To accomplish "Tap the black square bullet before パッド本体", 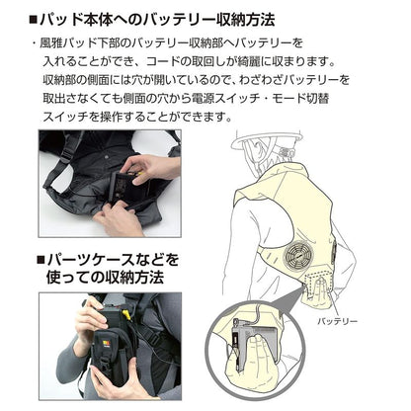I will click(34, 19).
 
